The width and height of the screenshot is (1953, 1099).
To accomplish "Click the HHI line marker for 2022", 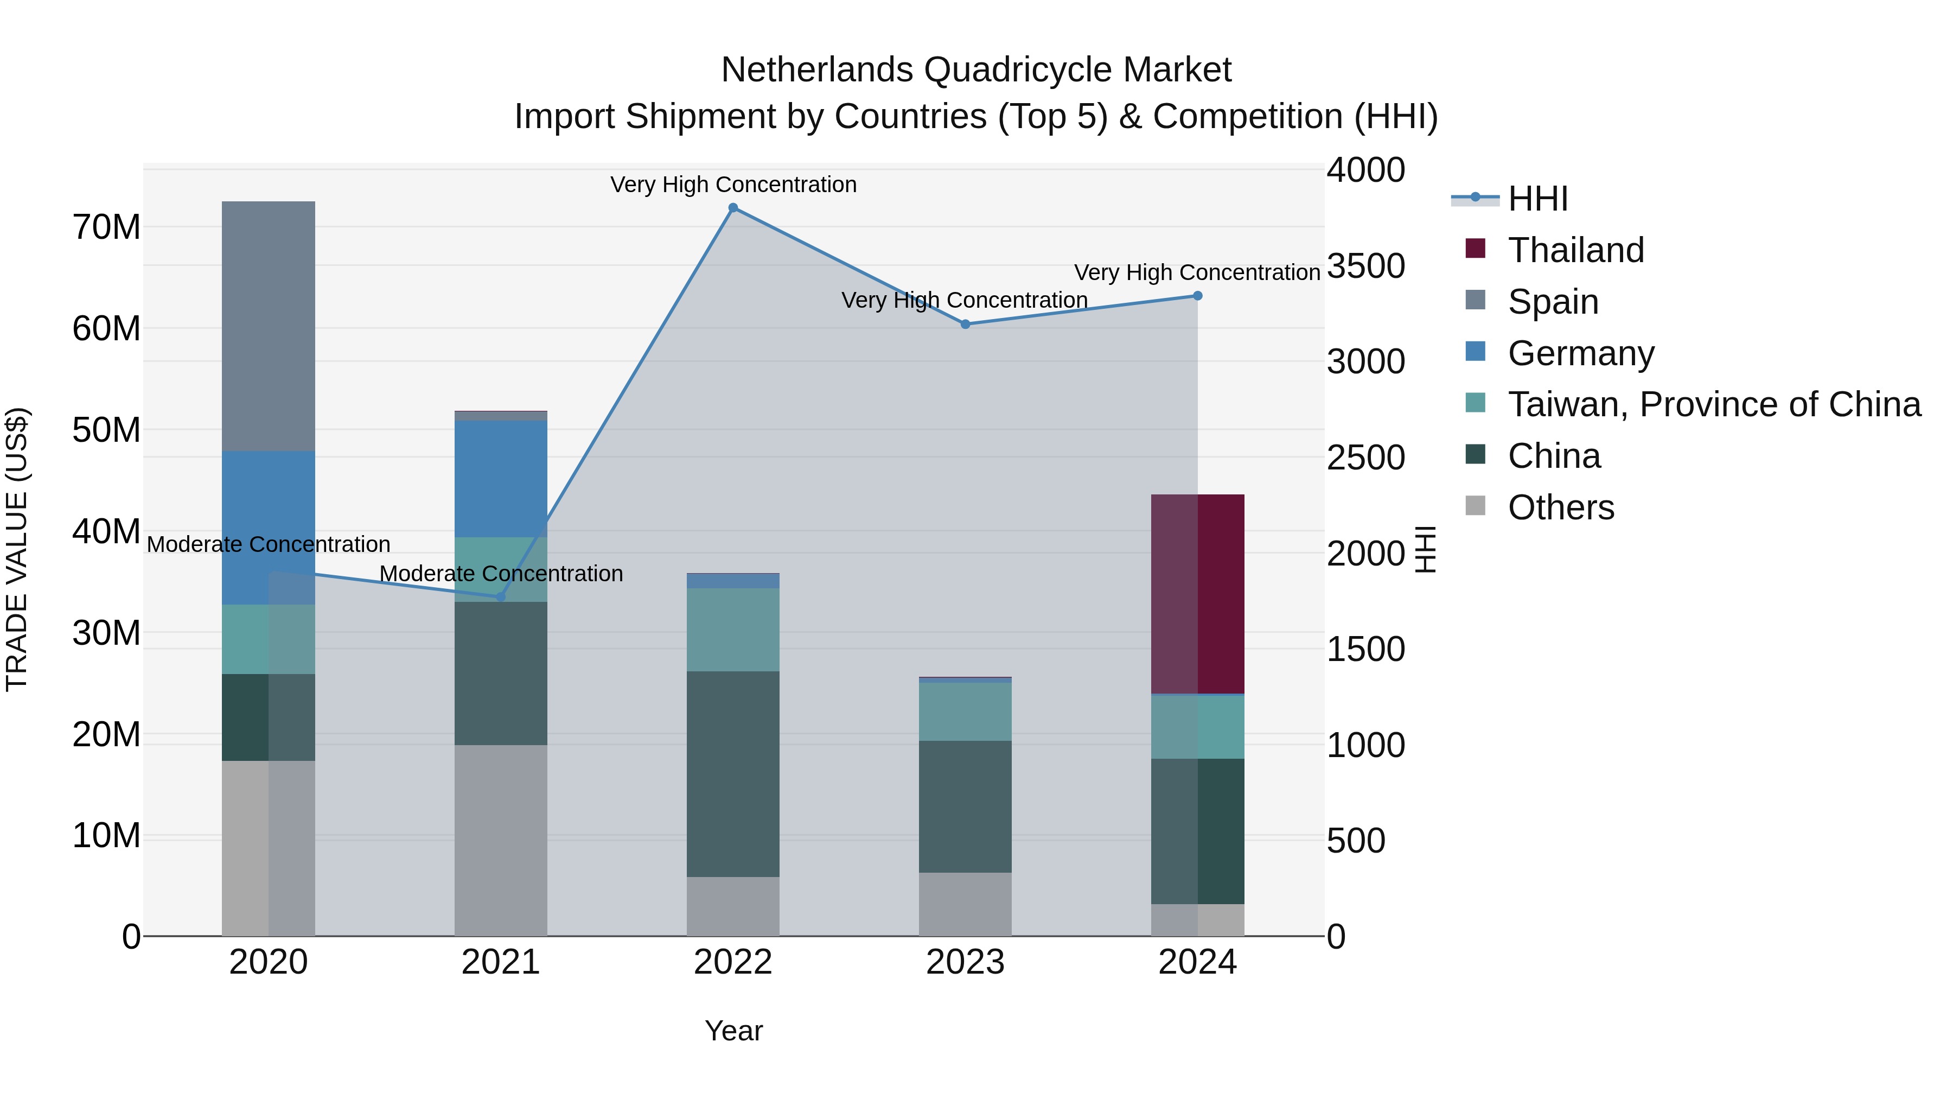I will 732,208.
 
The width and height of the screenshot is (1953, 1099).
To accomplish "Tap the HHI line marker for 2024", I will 1197,296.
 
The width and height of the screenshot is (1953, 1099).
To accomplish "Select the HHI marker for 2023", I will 965,325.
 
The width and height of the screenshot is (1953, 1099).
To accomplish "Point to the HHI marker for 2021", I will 500,597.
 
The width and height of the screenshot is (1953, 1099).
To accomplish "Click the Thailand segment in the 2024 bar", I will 1197,594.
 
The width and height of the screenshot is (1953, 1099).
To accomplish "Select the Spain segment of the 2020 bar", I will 269,326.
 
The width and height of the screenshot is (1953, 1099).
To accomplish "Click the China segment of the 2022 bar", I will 732,773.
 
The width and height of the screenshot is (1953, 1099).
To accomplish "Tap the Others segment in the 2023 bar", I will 965,904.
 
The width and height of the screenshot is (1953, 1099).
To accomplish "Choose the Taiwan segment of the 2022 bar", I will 732,630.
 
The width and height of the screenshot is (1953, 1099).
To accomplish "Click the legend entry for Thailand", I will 1575,250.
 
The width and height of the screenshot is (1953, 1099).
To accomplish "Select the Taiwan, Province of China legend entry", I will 1713,404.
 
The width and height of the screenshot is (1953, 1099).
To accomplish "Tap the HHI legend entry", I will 1537,199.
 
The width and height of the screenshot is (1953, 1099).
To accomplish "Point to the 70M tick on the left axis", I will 106,227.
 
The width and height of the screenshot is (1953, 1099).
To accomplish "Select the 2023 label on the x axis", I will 965,962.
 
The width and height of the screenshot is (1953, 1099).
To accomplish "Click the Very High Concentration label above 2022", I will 733,185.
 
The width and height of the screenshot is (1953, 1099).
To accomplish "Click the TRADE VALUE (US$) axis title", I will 17,549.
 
